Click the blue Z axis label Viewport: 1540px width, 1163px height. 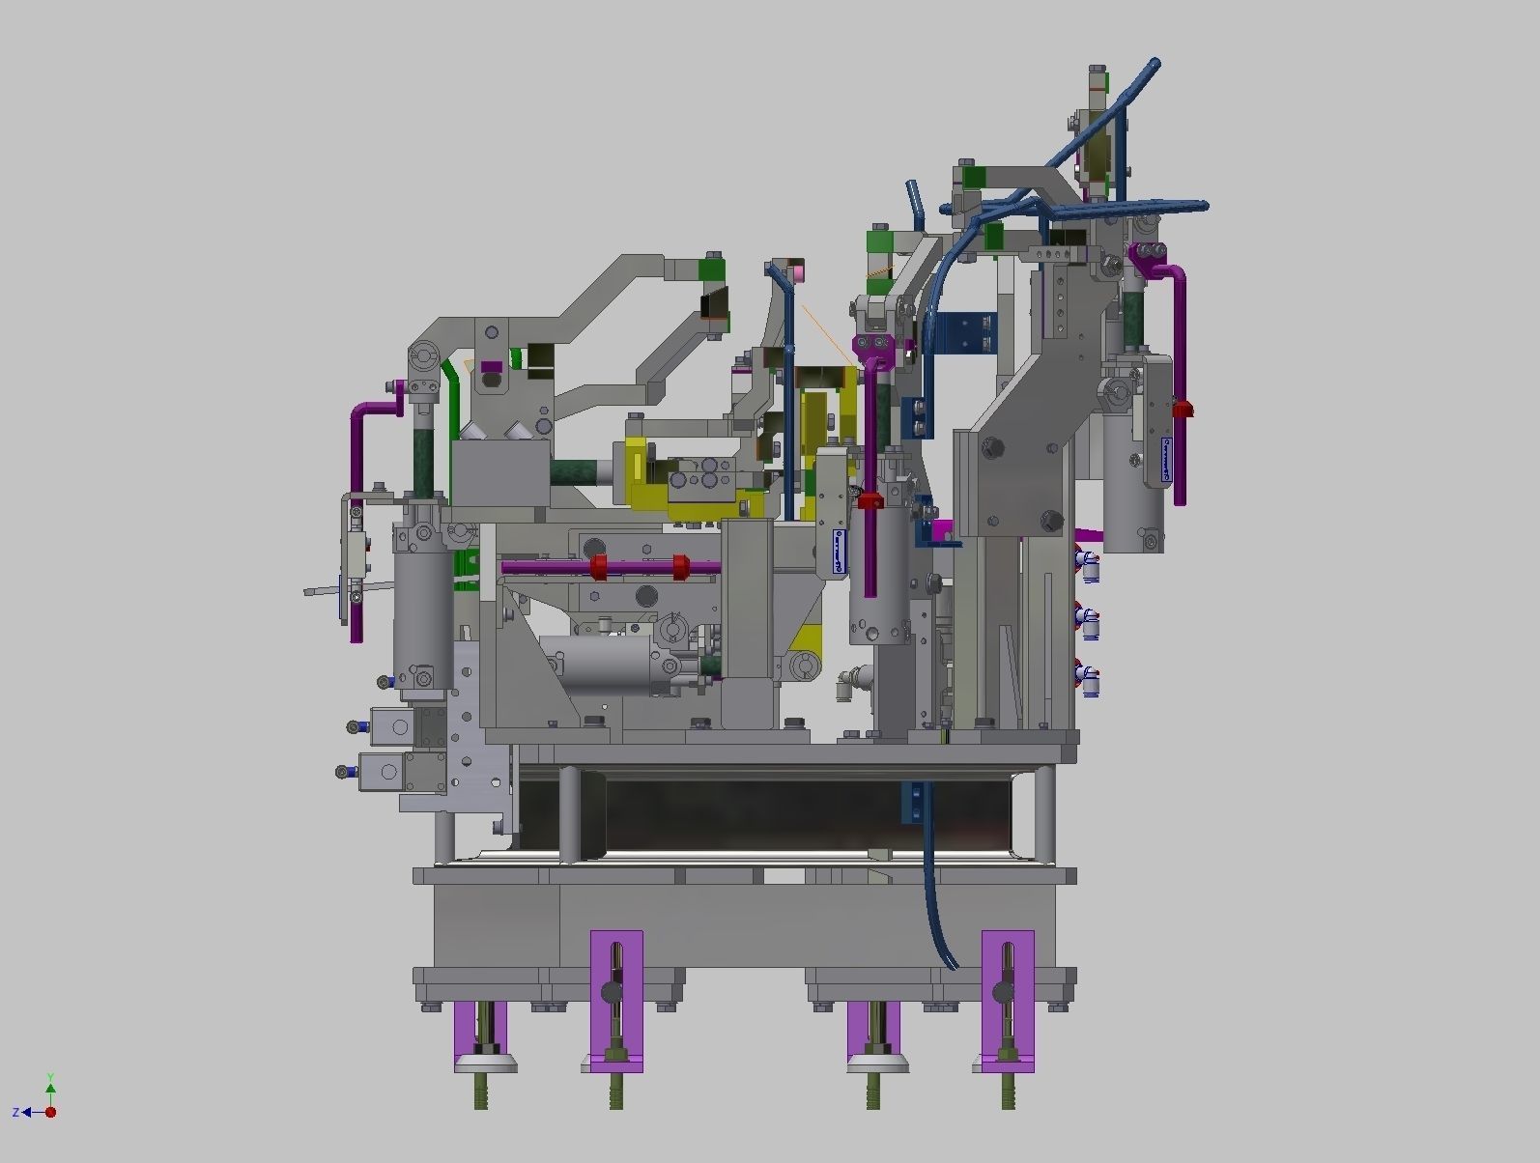coord(16,1113)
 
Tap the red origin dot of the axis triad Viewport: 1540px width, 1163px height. coord(50,1112)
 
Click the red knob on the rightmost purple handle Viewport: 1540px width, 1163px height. coord(1183,410)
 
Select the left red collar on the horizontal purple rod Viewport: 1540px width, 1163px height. coord(597,567)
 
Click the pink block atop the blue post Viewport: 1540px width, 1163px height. coord(798,274)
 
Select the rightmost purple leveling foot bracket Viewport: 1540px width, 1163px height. coord(1008,1000)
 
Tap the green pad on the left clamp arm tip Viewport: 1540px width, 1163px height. coord(711,268)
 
